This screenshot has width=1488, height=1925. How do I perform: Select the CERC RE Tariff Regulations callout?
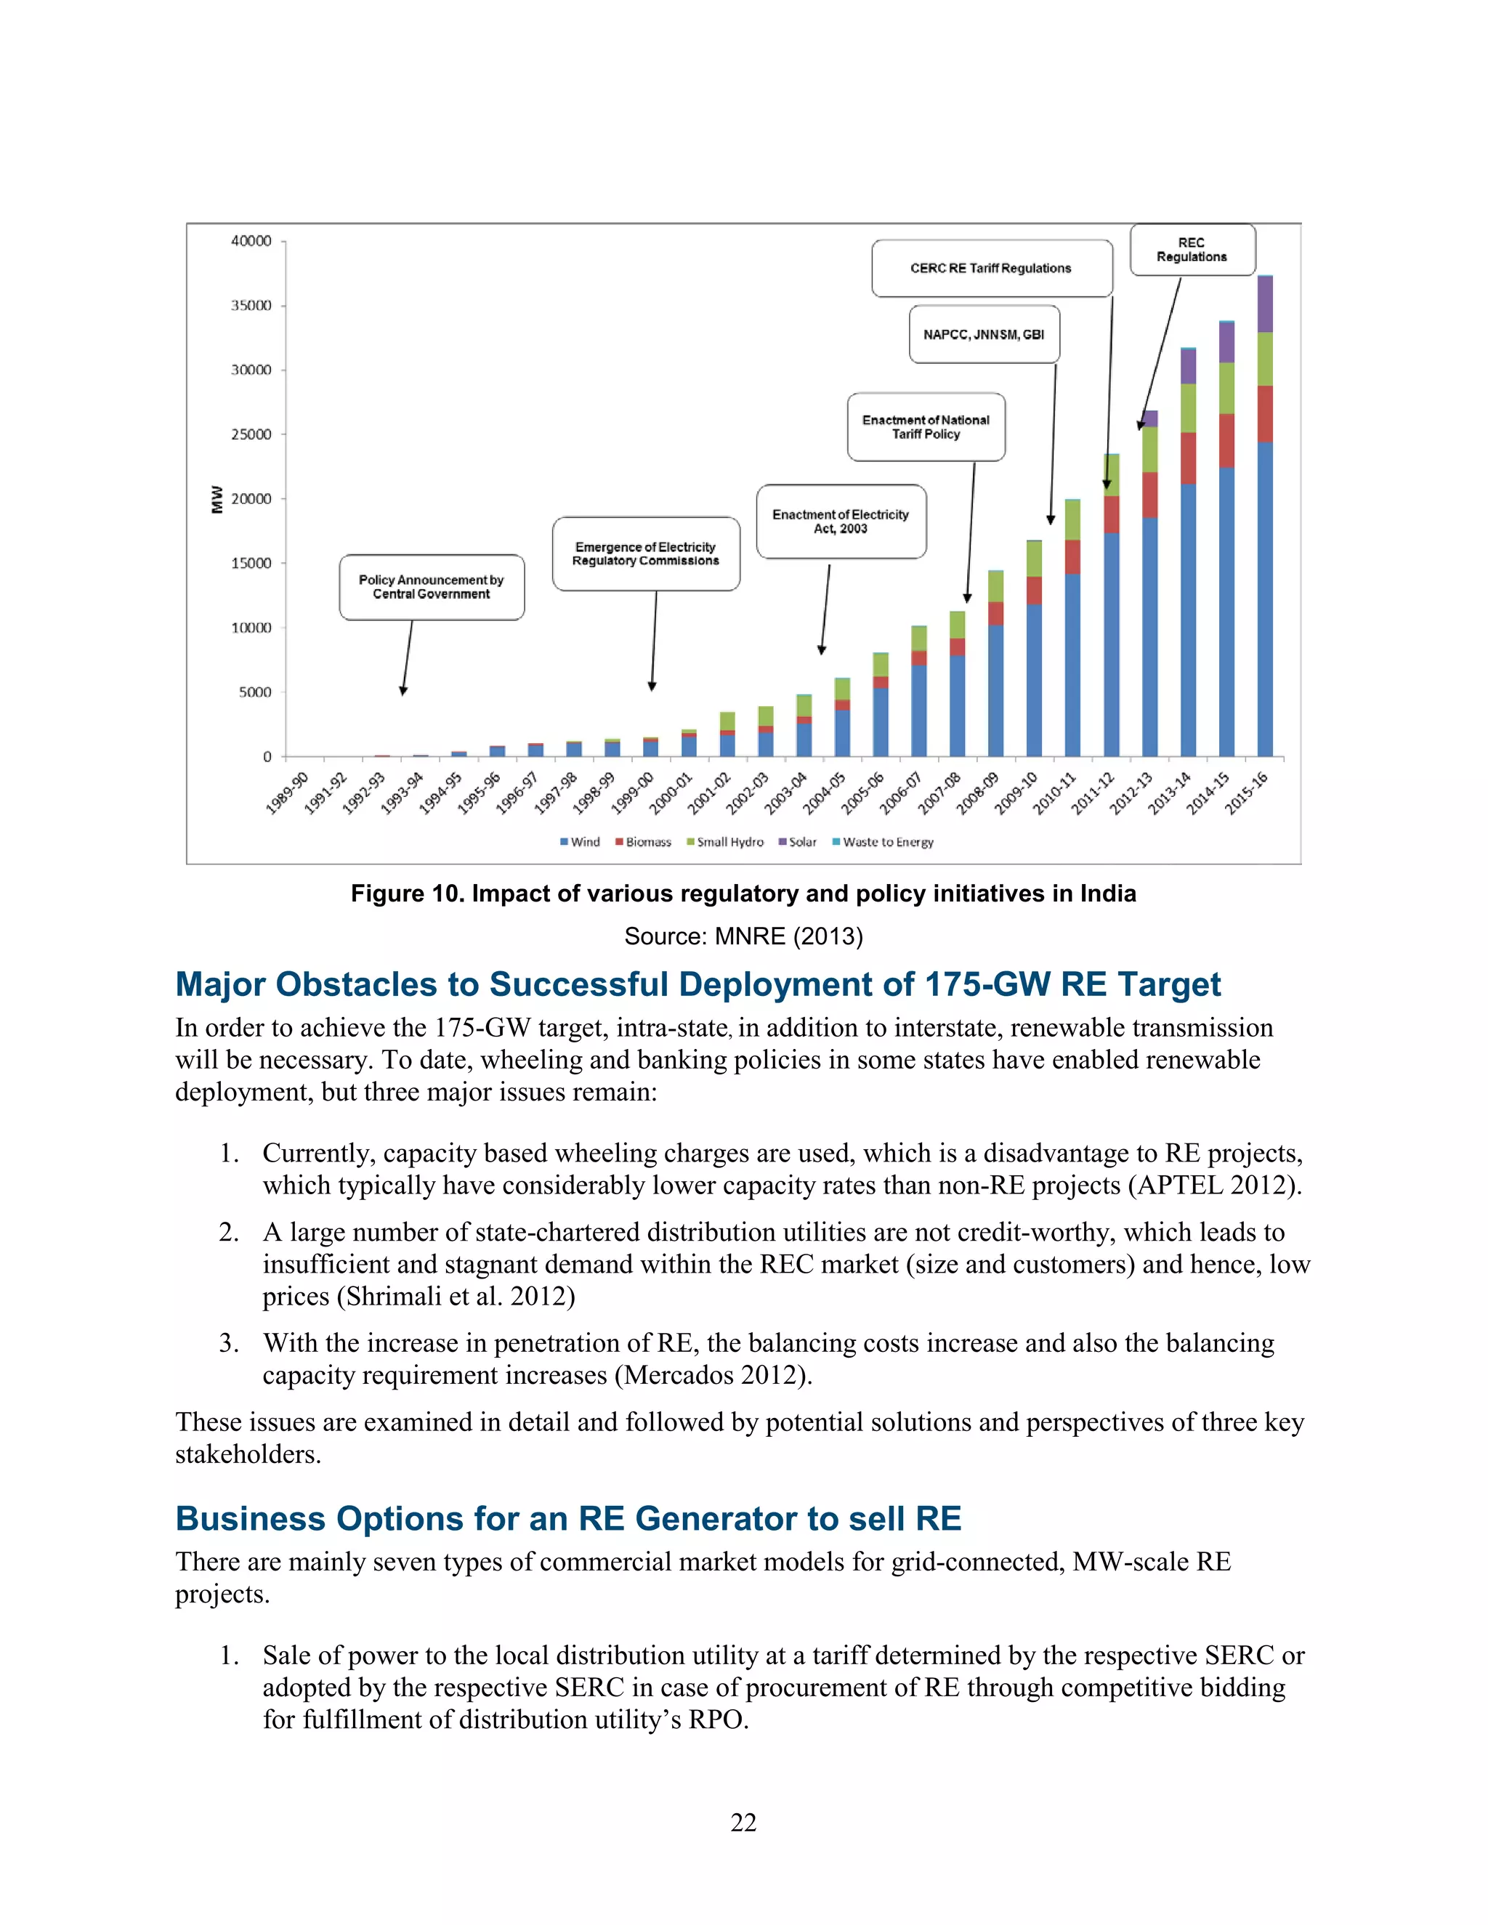pyautogui.click(x=991, y=268)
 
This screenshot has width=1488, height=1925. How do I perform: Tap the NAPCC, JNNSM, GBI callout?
pyautogui.click(x=984, y=335)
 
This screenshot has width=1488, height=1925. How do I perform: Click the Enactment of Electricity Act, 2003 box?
pyautogui.click(x=840, y=521)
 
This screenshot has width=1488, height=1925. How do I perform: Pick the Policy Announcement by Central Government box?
pyautogui.click(x=431, y=587)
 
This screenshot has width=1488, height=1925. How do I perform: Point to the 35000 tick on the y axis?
pyautogui.click(x=251, y=306)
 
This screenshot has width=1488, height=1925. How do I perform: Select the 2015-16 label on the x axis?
pyautogui.click(x=1247, y=793)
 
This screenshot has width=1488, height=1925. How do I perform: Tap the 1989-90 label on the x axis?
pyautogui.click(x=288, y=793)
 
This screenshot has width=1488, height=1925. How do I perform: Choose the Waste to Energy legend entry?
pyautogui.click(x=883, y=842)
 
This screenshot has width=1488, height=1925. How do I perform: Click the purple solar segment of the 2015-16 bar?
pyautogui.click(x=1264, y=304)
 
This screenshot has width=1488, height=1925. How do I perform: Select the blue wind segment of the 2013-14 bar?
pyautogui.click(x=1187, y=617)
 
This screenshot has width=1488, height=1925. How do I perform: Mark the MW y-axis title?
pyautogui.click(x=217, y=499)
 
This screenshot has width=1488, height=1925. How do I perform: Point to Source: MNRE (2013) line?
pyautogui.click(x=743, y=936)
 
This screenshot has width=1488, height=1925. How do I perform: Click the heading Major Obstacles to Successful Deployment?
pyautogui.click(x=697, y=984)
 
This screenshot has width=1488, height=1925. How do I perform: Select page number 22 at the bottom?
pyautogui.click(x=743, y=1823)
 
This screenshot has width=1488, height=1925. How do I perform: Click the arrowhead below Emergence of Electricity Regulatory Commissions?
pyautogui.click(x=652, y=686)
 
